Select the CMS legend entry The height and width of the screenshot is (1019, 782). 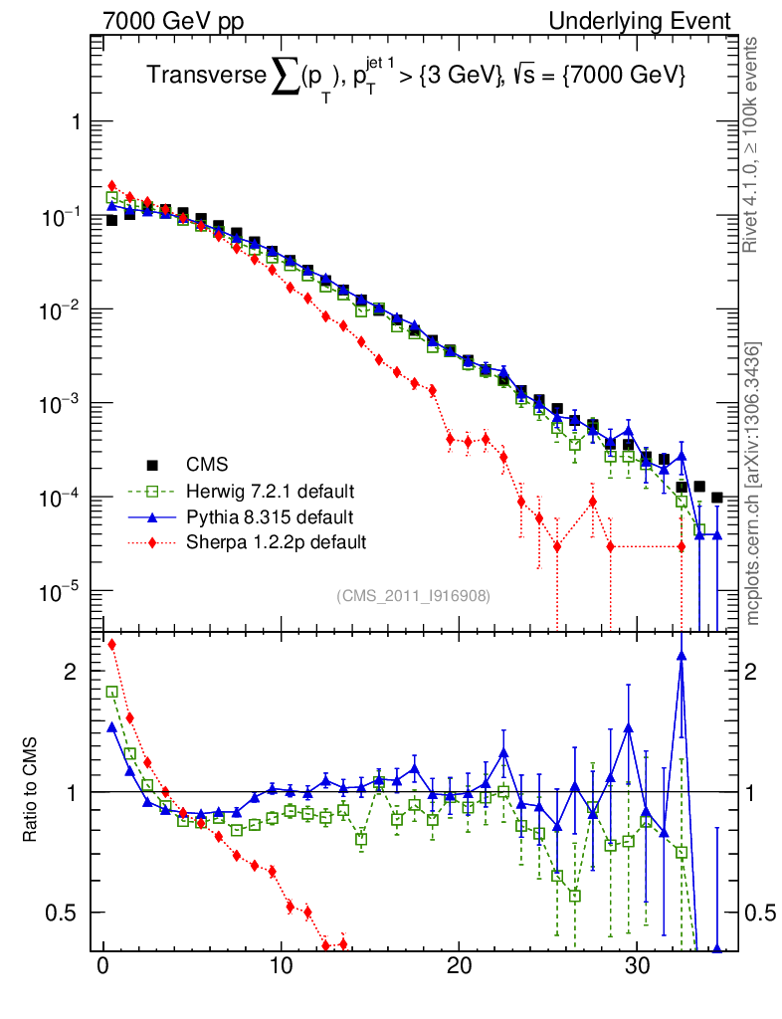click(x=207, y=465)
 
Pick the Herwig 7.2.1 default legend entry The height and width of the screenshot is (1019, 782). click(x=271, y=491)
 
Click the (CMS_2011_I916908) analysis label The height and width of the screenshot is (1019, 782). click(x=413, y=595)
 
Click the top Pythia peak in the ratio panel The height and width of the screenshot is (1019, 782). click(x=682, y=656)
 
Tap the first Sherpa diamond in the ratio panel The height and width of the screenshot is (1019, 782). click(x=111, y=644)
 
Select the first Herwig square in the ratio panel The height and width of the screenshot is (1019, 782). click(x=111, y=692)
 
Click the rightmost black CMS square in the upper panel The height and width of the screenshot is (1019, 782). click(x=717, y=498)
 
